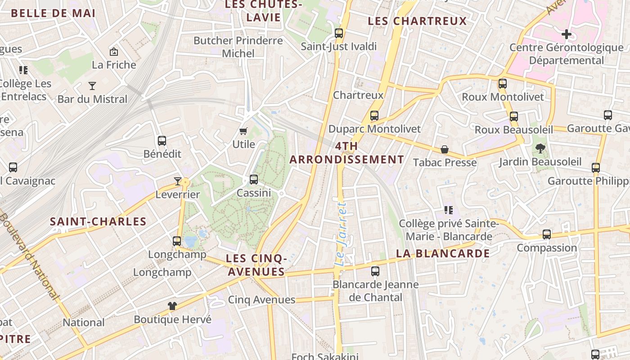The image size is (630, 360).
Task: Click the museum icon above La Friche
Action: tap(114, 52)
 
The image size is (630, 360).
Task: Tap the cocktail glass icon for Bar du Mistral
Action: tap(92, 85)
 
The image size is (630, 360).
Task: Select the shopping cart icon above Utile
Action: tap(243, 131)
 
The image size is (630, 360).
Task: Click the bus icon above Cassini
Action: tap(254, 180)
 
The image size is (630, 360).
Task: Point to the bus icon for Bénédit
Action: tap(162, 140)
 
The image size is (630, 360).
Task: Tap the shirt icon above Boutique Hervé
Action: tap(172, 306)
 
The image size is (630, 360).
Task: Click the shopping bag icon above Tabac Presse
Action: tap(445, 149)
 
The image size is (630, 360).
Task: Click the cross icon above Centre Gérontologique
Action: tap(566, 34)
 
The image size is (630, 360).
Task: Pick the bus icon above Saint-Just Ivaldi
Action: tap(339, 33)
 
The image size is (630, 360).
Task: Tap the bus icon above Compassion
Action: tap(547, 234)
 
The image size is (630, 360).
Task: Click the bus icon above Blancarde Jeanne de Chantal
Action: tap(375, 271)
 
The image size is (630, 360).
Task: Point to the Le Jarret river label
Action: tap(342, 234)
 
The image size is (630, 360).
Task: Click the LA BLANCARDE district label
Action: tap(443, 253)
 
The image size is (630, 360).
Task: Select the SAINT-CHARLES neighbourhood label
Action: tap(98, 221)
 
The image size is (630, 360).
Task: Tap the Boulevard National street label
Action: tap(30, 256)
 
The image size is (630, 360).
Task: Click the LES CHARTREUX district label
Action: tap(417, 21)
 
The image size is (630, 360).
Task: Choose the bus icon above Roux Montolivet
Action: tap(503, 84)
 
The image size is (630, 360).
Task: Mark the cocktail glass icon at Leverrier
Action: tap(178, 181)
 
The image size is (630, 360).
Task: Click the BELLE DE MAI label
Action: tap(53, 13)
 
